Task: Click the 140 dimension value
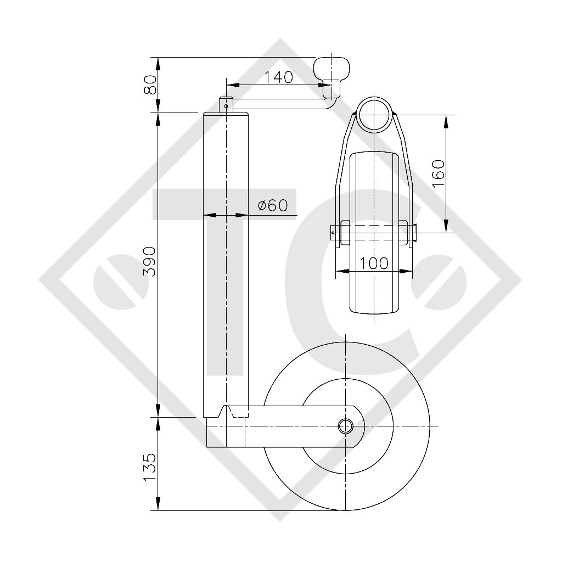click(279, 77)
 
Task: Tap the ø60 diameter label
click(273, 205)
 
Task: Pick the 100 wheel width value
click(375, 263)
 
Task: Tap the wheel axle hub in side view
click(345, 426)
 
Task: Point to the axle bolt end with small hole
click(333, 233)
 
